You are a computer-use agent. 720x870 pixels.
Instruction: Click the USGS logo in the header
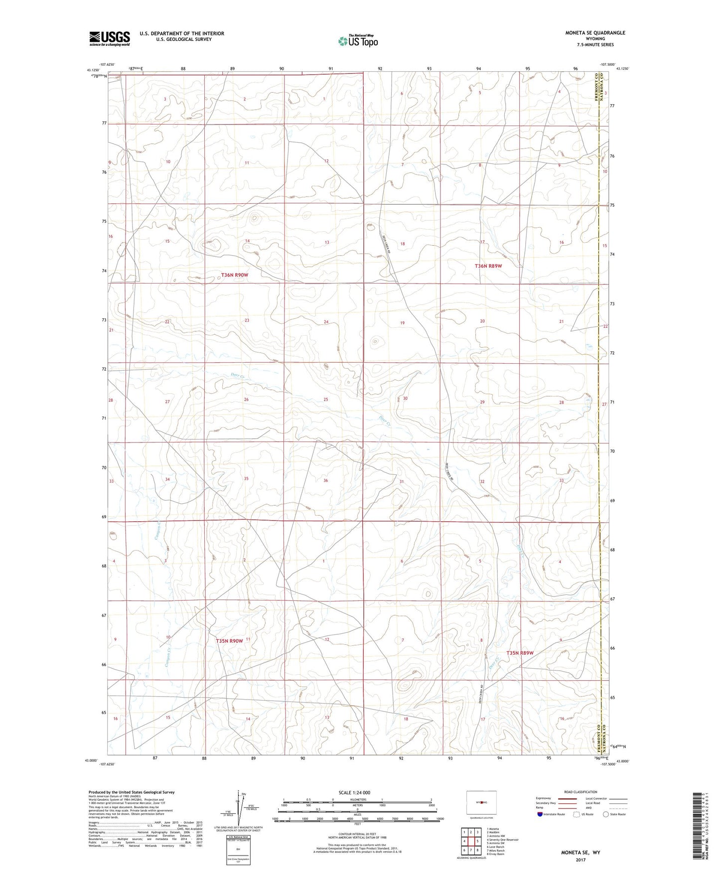click(x=110, y=38)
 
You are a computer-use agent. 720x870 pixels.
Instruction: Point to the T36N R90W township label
click(x=234, y=275)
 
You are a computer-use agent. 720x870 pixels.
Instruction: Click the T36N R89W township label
click(x=488, y=266)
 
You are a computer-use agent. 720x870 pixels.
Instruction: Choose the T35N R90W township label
click(x=229, y=641)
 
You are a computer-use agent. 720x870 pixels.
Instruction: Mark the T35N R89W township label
click(x=520, y=653)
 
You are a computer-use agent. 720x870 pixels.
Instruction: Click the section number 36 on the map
click(x=325, y=480)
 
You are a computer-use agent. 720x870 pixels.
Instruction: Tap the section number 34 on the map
click(x=167, y=479)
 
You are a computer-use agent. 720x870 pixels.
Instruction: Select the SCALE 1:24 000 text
click(x=354, y=793)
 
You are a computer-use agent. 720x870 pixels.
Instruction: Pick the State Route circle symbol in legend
click(x=606, y=814)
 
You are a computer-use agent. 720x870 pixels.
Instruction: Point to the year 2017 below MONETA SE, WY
click(x=581, y=860)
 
